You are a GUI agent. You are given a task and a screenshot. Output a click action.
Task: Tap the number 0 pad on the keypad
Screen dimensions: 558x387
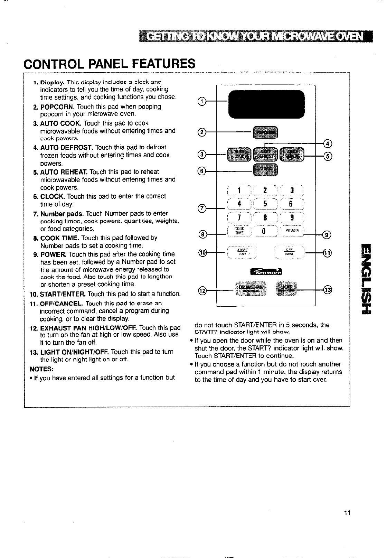click(264, 231)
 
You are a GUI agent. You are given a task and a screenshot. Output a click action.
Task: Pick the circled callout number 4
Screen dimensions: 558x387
click(327, 143)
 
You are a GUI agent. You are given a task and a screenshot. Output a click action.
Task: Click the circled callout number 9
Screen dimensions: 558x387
click(327, 235)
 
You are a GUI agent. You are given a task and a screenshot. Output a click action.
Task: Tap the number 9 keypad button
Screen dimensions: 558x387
click(292, 218)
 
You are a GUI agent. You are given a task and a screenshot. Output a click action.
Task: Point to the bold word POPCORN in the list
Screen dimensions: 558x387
click(58, 106)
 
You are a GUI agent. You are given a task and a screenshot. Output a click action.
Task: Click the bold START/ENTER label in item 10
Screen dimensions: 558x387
click(63, 294)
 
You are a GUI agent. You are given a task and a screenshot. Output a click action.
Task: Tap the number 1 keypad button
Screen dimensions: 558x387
click(239, 190)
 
